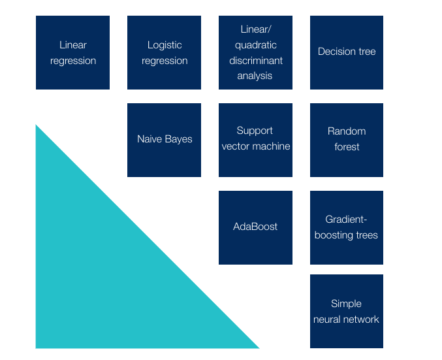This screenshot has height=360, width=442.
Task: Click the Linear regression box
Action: (72, 52)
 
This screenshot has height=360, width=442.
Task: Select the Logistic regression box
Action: (164, 52)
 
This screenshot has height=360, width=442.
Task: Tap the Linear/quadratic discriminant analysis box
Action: (255, 52)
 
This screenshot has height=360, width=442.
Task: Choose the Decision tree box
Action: (347, 52)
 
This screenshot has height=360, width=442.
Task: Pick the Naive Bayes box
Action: (164, 140)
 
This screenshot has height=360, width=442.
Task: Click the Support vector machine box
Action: (255, 140)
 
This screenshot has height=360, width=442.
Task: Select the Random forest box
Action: (347, 140)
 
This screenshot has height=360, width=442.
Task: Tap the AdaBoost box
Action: (255, 227)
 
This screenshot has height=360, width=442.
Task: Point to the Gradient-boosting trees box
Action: (347, 227)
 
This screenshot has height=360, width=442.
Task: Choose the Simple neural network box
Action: (347, 311)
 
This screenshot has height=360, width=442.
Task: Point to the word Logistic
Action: (165, 45)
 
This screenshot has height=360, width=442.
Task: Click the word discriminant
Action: (256, 61)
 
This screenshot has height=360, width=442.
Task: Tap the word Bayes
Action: (179, 139)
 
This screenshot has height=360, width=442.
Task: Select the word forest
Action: (347, 147)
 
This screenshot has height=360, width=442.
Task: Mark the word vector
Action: (236, 146)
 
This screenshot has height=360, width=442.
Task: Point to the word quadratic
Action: (256, 45)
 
